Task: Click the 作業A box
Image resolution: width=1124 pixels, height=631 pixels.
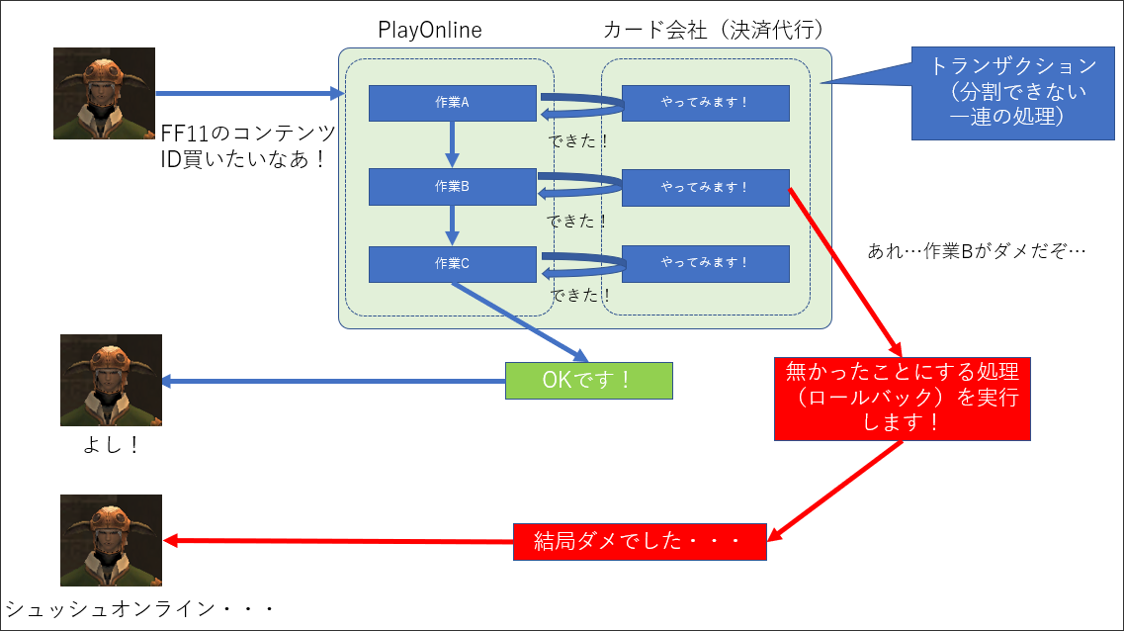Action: (x=453, y=103)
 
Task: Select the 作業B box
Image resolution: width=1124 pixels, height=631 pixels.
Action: (x=453, y=186)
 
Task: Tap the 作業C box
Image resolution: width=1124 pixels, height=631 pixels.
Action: (x=453, y=264)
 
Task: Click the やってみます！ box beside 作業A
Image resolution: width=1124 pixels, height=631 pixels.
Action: (x=706, y=103)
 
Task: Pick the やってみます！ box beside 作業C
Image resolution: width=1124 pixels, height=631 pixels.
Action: (x=706, y=264)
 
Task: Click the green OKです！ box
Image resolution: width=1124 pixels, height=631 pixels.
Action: (x=588, y=380)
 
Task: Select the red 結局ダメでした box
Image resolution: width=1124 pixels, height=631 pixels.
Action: (x=640, y=541)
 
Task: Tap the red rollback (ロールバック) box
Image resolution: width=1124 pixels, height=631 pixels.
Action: (x=902, y=399)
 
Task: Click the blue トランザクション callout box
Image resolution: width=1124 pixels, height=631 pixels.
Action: (x=1013, y=93)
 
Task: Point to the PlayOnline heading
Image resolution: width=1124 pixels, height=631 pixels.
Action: (x=430, y=30)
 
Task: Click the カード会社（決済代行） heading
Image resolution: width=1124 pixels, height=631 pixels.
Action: (x=714, y=30)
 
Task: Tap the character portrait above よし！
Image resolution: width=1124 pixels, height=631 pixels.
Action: (x=111, y=380)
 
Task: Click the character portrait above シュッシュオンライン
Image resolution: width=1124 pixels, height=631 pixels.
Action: (x=111, y=541)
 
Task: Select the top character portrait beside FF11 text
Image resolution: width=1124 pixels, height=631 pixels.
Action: (x=104, y=93)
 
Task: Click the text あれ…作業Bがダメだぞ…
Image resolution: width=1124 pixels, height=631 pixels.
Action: (x=977, y=251)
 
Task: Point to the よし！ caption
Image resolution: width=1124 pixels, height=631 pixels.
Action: (x=111, y=445)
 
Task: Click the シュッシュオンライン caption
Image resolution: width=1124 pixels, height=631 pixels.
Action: (x=139, y=609)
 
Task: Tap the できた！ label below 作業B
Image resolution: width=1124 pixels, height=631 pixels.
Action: (x=577, y=221)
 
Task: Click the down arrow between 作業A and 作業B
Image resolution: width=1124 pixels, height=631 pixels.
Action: (x=452, y=144)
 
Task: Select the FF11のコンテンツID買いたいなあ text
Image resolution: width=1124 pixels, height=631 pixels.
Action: (x=248, y=145)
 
